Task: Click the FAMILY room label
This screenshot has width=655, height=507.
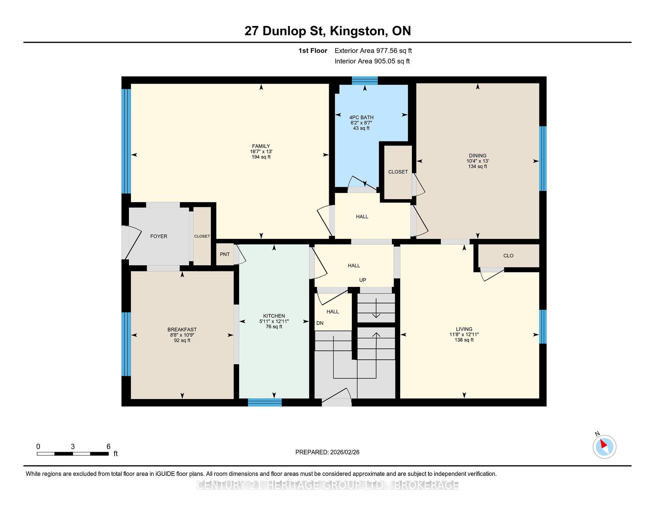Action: tap(261, 146)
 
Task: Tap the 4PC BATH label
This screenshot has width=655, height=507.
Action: tap(361, 117)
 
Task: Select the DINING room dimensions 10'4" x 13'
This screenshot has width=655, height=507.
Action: tap(478, 161)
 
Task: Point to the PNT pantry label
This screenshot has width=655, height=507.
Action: tap(225, 254)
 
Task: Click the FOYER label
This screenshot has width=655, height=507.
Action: tap(159, 236)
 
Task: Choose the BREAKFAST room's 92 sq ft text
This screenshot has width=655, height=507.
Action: tap(182, 340)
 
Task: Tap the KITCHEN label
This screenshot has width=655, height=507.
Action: tap(274, 316)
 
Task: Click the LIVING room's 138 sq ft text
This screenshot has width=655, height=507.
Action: tap(464, 340)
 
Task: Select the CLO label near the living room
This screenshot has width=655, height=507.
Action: tap(508, 256)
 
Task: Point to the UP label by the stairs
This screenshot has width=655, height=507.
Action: tap(363, 280)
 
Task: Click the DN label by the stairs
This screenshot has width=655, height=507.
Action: tap(320, 323)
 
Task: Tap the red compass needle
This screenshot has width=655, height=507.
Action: tap(603, 444)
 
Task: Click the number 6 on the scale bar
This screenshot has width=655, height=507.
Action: tap(108, 446)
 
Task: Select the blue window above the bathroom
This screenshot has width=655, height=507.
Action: tap(365, 81)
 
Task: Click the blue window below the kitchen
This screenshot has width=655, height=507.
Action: tap(265, 402)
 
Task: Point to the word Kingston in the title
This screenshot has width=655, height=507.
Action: tap(358, 31)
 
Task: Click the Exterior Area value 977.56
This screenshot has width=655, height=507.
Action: tap(387, 51)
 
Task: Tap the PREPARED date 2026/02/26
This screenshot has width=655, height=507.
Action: tap(345, 452)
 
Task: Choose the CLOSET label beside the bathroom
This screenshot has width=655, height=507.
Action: tap(398, 172)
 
